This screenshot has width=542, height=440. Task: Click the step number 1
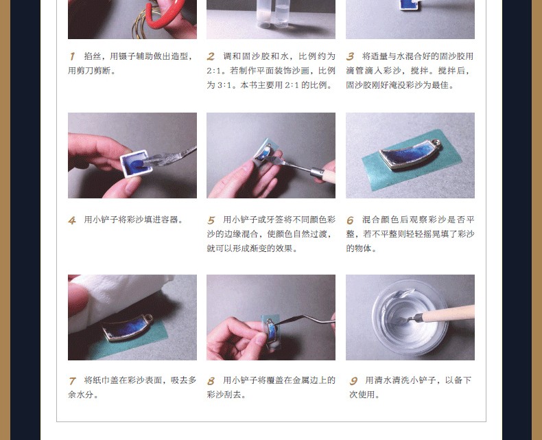(x=72, y=56)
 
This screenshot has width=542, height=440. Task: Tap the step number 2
(x=211, y=56)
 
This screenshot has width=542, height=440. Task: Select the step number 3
(x=350, y=56)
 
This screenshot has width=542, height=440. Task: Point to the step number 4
(x=72, y=220)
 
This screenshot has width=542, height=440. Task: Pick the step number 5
(x=211, y=220)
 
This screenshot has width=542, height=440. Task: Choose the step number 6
(x=350, y=220)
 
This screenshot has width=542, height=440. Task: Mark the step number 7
(x=72, y=381)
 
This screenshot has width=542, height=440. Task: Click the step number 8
(x=211, y=381)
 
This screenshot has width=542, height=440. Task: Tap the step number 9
(x=353, y=381)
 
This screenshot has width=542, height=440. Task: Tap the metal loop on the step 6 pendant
(x=437, y=143)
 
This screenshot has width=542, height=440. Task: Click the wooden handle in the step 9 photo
(x=446, y=314)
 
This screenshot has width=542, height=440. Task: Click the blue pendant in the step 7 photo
(x=127, y=327)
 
